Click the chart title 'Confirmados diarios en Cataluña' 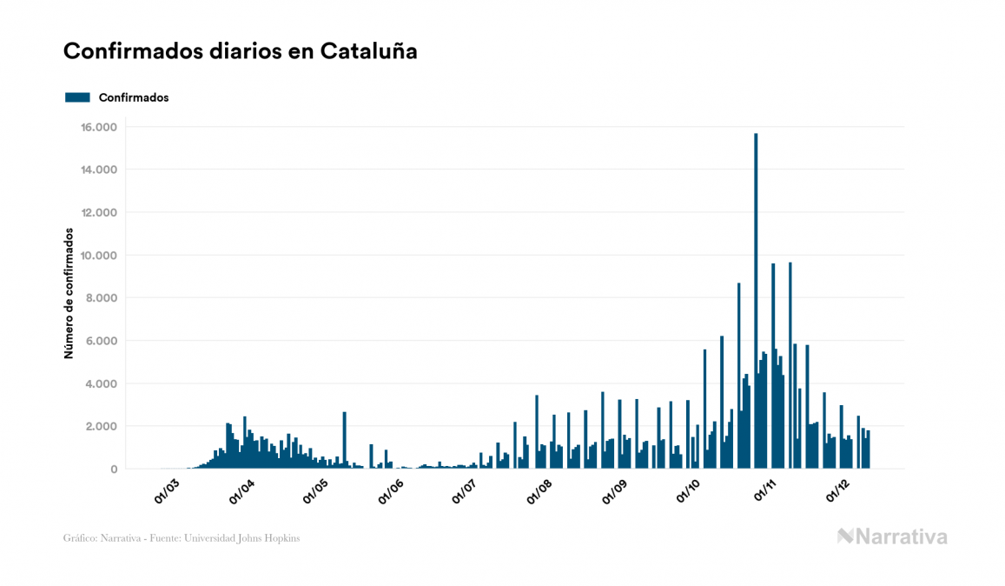pos(241,51)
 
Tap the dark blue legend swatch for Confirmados pos(77,97)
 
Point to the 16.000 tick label pos(99,127)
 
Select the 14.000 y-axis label pos(99,170)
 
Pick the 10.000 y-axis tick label pos(99,256)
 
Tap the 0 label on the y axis pos(113,469)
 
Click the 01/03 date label pos(166,490)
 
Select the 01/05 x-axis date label pos(315,490)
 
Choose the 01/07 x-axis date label pos(464,490)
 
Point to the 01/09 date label pos(613,490)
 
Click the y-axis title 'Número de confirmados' pos(68,294)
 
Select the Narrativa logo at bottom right pos(892,536)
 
